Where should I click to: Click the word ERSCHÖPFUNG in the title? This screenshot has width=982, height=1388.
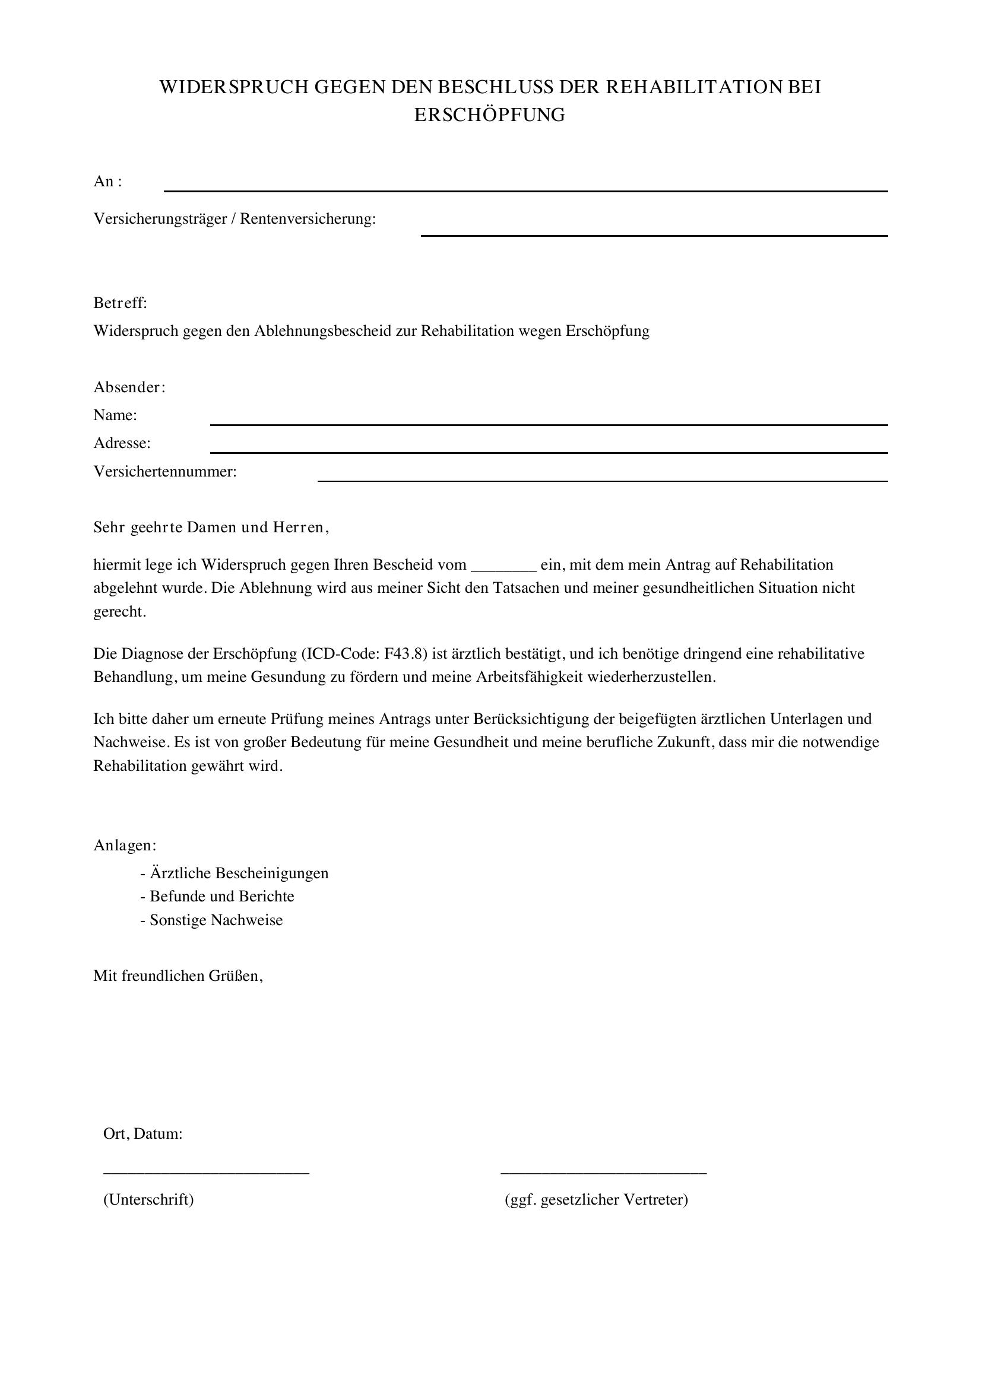[x=489, y=115]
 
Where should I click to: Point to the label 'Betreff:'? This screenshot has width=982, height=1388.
[x=121, y=303]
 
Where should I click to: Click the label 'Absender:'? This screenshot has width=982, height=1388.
[x=129, y=388]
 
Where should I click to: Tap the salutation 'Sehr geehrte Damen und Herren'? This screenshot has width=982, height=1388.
[x=211, y=528]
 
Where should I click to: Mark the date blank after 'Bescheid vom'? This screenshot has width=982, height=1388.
[x=503, y=568]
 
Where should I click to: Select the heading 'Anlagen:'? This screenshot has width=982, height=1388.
[x=125, y=845]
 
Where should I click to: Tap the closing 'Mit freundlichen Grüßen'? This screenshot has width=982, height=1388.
[x=178, y=976]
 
